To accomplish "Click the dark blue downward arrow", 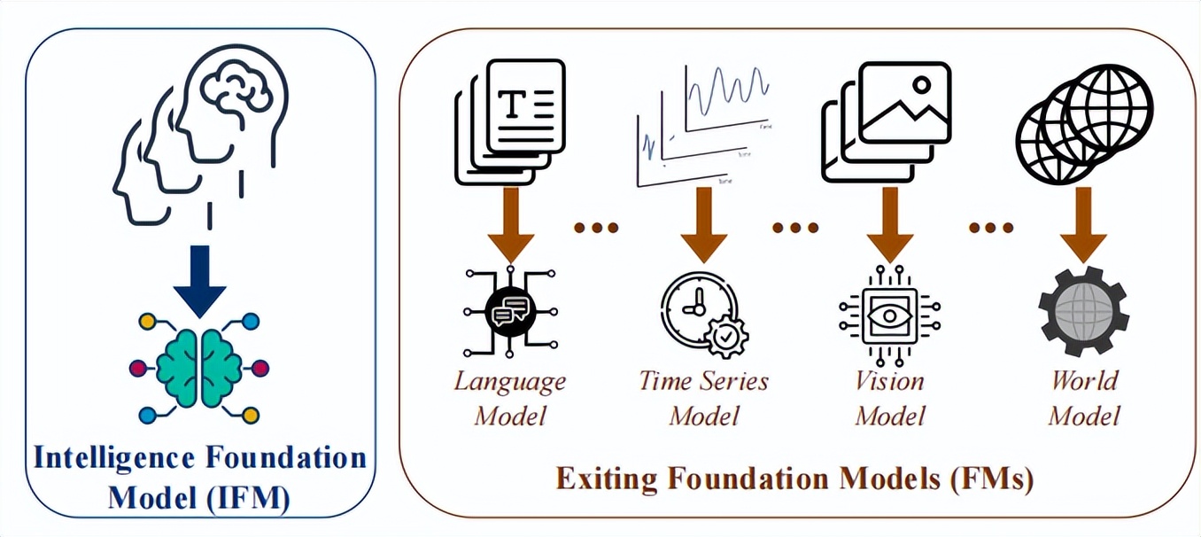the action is pyautogui.click(x=200, y=282).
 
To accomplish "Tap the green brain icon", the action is pyautogui.click(x=199, y=369).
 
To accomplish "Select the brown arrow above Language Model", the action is pyautogui.click(x=510, y=225).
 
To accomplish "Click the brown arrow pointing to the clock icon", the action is pyautogui.click(x=703, y=225).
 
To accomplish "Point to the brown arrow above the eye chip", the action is pyautogui.click(x=890, y=225).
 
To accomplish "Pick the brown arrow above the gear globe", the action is pyautogui.click(x=1083, y=225).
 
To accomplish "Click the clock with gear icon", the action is pyautogui.click(x=704, y=314).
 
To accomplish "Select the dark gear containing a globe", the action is pyautogui.click(x=1083, y=312).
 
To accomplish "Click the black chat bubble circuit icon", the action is pyautogui.click(x=510, y=311).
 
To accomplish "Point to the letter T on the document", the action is pyautogui.click(x=513, y=104).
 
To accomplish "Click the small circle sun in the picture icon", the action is pyautogui.click(x=922, y=85).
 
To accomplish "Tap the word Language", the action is pyautogui.click(x=510, y=383).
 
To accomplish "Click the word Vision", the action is pyautogui.click(x=889, y=381).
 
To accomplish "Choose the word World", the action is pyautogui.click(x=1084, y=381).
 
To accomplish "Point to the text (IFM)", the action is pyautogui.click(x=249, y=498).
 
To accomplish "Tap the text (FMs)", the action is pyautogui.click(x=991, y=479).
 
